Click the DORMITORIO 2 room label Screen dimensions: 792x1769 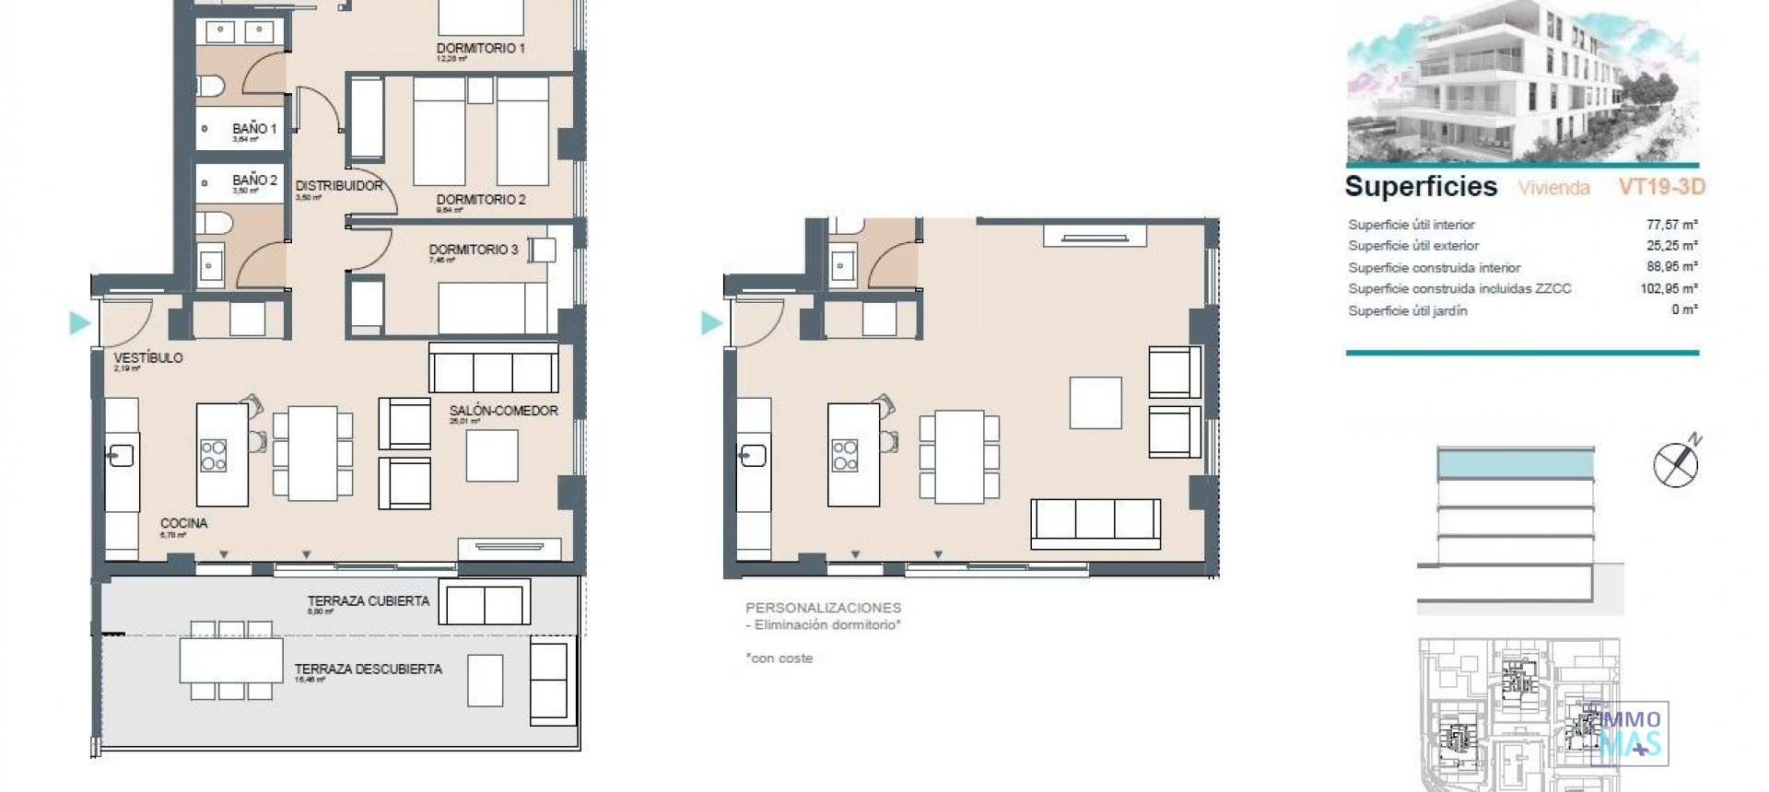[x=481, y=200]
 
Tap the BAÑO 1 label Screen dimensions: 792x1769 [x=253, y=130]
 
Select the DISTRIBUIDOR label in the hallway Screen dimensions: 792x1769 [x=338, y=186]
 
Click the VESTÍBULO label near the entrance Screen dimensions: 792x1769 [x=148, y=358]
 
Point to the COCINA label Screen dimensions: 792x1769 [x=183, y=523]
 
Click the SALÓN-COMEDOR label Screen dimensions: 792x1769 [x=503, y=411]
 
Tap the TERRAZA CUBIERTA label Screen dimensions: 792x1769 [x=368, y=601]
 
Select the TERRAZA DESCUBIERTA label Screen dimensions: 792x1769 [x=368, y=670]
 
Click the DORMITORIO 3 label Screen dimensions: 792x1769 [x=473, y=250]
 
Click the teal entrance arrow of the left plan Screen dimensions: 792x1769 [x=79, y=322]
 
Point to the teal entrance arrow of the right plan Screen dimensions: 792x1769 [x=711, y=322]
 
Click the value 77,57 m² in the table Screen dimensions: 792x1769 [x=1671, y=225]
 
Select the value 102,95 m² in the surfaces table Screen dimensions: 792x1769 [x=1668, y=289]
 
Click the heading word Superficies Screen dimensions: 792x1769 [x=1421, y=187]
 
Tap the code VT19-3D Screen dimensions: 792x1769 [x=1661, y=187]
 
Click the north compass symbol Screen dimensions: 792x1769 [x=1675, y=463]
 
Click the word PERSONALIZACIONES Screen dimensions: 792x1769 [x=823, y=608]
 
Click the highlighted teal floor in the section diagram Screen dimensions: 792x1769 [x=1515, y=464]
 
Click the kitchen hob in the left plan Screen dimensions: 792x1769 [x=214, y=455]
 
